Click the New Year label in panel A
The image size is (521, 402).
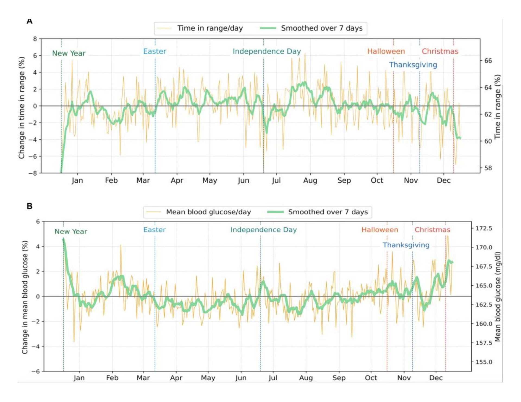69,53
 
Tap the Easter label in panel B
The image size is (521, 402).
154,230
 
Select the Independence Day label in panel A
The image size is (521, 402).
267,51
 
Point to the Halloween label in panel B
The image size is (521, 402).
380,230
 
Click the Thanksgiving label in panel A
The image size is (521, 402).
413,65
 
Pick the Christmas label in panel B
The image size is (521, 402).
432,230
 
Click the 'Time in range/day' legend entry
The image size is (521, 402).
210,28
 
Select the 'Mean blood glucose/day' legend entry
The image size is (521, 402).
208,212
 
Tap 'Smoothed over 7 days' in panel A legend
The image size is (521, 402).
322,28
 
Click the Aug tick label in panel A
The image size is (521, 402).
310,180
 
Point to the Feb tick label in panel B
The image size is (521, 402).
112,378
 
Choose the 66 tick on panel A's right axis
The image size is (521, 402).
488,61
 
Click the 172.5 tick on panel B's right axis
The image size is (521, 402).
484,228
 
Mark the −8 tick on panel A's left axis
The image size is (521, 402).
33,173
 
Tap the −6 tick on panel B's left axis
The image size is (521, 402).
36,372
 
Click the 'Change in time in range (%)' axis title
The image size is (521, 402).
21,108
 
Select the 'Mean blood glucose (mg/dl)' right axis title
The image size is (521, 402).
497,297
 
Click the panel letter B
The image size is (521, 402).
30,206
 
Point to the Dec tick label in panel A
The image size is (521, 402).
443,180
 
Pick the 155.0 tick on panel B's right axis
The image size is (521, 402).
484,362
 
